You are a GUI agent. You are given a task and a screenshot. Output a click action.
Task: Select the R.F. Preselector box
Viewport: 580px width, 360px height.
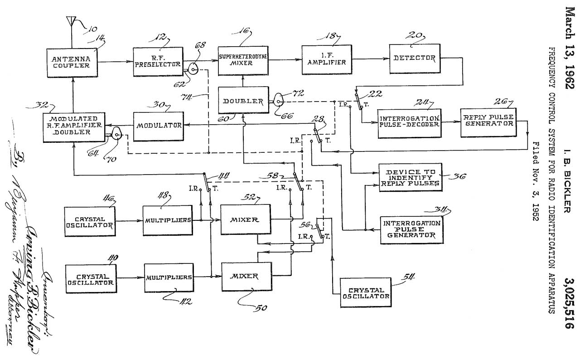(x=158, y=62)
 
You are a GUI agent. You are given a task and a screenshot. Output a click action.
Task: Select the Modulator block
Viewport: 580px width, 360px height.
(x=158, y=125)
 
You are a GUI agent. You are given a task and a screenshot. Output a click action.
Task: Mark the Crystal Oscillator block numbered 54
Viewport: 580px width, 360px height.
(x=366, y=292)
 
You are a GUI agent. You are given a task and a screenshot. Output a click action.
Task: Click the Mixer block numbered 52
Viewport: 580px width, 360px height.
(x=245, y=220)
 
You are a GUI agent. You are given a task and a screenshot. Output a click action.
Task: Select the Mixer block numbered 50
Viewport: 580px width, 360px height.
(x=244, y=276)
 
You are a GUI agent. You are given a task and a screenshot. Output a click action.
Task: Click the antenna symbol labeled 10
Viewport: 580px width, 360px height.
(x=70, y=21)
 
